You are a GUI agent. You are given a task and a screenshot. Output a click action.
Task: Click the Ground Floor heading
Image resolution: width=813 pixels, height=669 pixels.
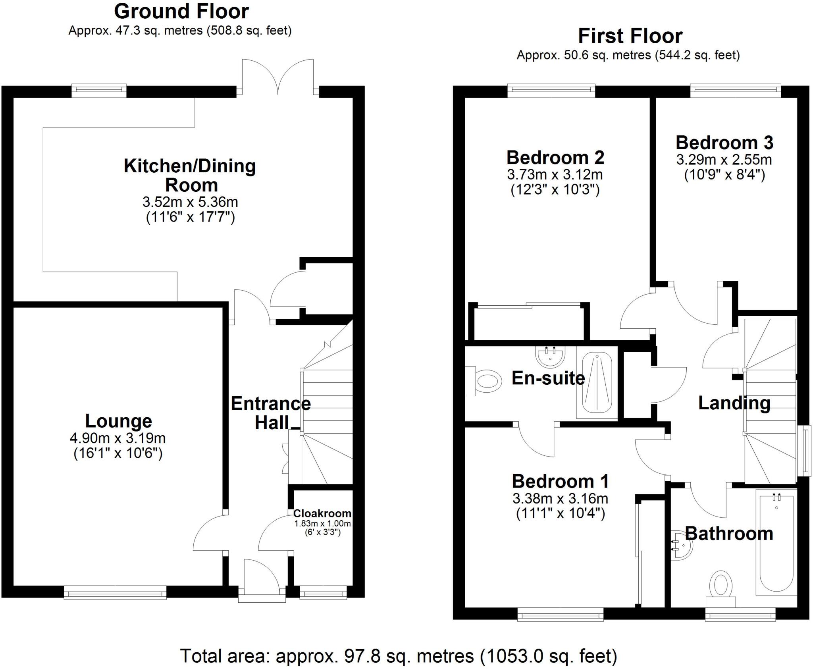(181, 12)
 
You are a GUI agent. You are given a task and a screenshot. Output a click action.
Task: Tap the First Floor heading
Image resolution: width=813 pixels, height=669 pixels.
(630, 36)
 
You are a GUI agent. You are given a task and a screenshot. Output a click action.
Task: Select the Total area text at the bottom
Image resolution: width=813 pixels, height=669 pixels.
(399, 656)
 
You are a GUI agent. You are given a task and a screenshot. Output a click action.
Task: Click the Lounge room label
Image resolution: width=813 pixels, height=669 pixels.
(118, 421)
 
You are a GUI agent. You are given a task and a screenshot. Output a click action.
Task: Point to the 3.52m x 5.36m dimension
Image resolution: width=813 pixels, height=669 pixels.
(190, 202)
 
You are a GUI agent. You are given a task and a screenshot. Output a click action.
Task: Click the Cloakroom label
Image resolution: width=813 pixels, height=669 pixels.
(322, 513)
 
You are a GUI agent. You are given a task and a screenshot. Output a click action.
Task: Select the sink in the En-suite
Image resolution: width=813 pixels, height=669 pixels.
(550, 356)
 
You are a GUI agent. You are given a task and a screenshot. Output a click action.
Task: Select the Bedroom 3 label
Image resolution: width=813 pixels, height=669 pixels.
(724, 143)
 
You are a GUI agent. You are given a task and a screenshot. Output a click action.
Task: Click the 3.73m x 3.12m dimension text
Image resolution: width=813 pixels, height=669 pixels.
(555, 175)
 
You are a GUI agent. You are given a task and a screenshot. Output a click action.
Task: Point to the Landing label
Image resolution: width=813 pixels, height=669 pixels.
(734, 403)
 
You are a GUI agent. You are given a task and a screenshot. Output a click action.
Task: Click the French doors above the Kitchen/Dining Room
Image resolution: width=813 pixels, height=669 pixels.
(278, 77)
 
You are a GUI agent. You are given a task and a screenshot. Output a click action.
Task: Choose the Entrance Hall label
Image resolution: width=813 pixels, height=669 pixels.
(271, 413)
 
